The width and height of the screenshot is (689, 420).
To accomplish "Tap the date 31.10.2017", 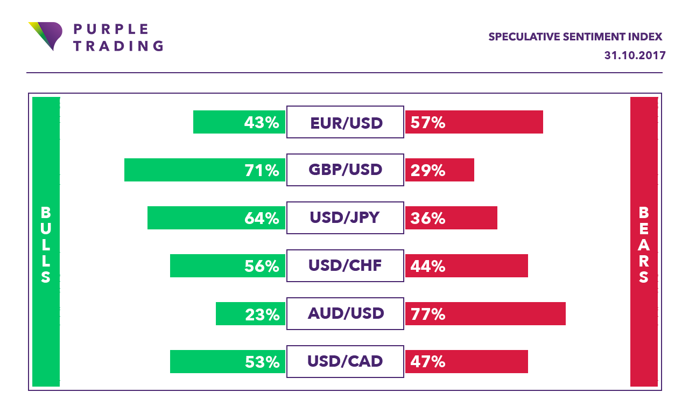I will click(x=635, y=55).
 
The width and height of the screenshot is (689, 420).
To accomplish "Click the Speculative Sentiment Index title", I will click(x=575, y=37).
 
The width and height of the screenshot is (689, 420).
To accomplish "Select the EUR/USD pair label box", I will click(x=345, y=122).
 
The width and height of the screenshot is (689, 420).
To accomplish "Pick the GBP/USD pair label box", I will click(x=345, y=170).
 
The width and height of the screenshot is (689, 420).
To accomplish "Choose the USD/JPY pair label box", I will click(x=345, y=218).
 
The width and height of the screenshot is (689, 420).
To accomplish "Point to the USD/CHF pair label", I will click(x=345, y=266).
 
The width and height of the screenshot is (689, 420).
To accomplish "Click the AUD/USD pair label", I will click(x=345, y=313).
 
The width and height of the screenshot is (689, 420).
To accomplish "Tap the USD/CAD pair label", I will click(x=345, y=361).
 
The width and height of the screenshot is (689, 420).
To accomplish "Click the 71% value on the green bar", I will click(x=262, y=171).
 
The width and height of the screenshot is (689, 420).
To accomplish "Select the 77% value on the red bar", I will click(x=428, y=314).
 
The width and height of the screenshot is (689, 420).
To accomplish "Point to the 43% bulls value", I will click(x=262, y=123).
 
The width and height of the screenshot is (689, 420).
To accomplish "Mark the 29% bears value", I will click(x=428, y=171).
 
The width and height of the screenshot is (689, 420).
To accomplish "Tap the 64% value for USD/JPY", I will click(x=262, y=219).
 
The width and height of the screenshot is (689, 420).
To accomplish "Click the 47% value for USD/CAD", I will click(x=428, y=362).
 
